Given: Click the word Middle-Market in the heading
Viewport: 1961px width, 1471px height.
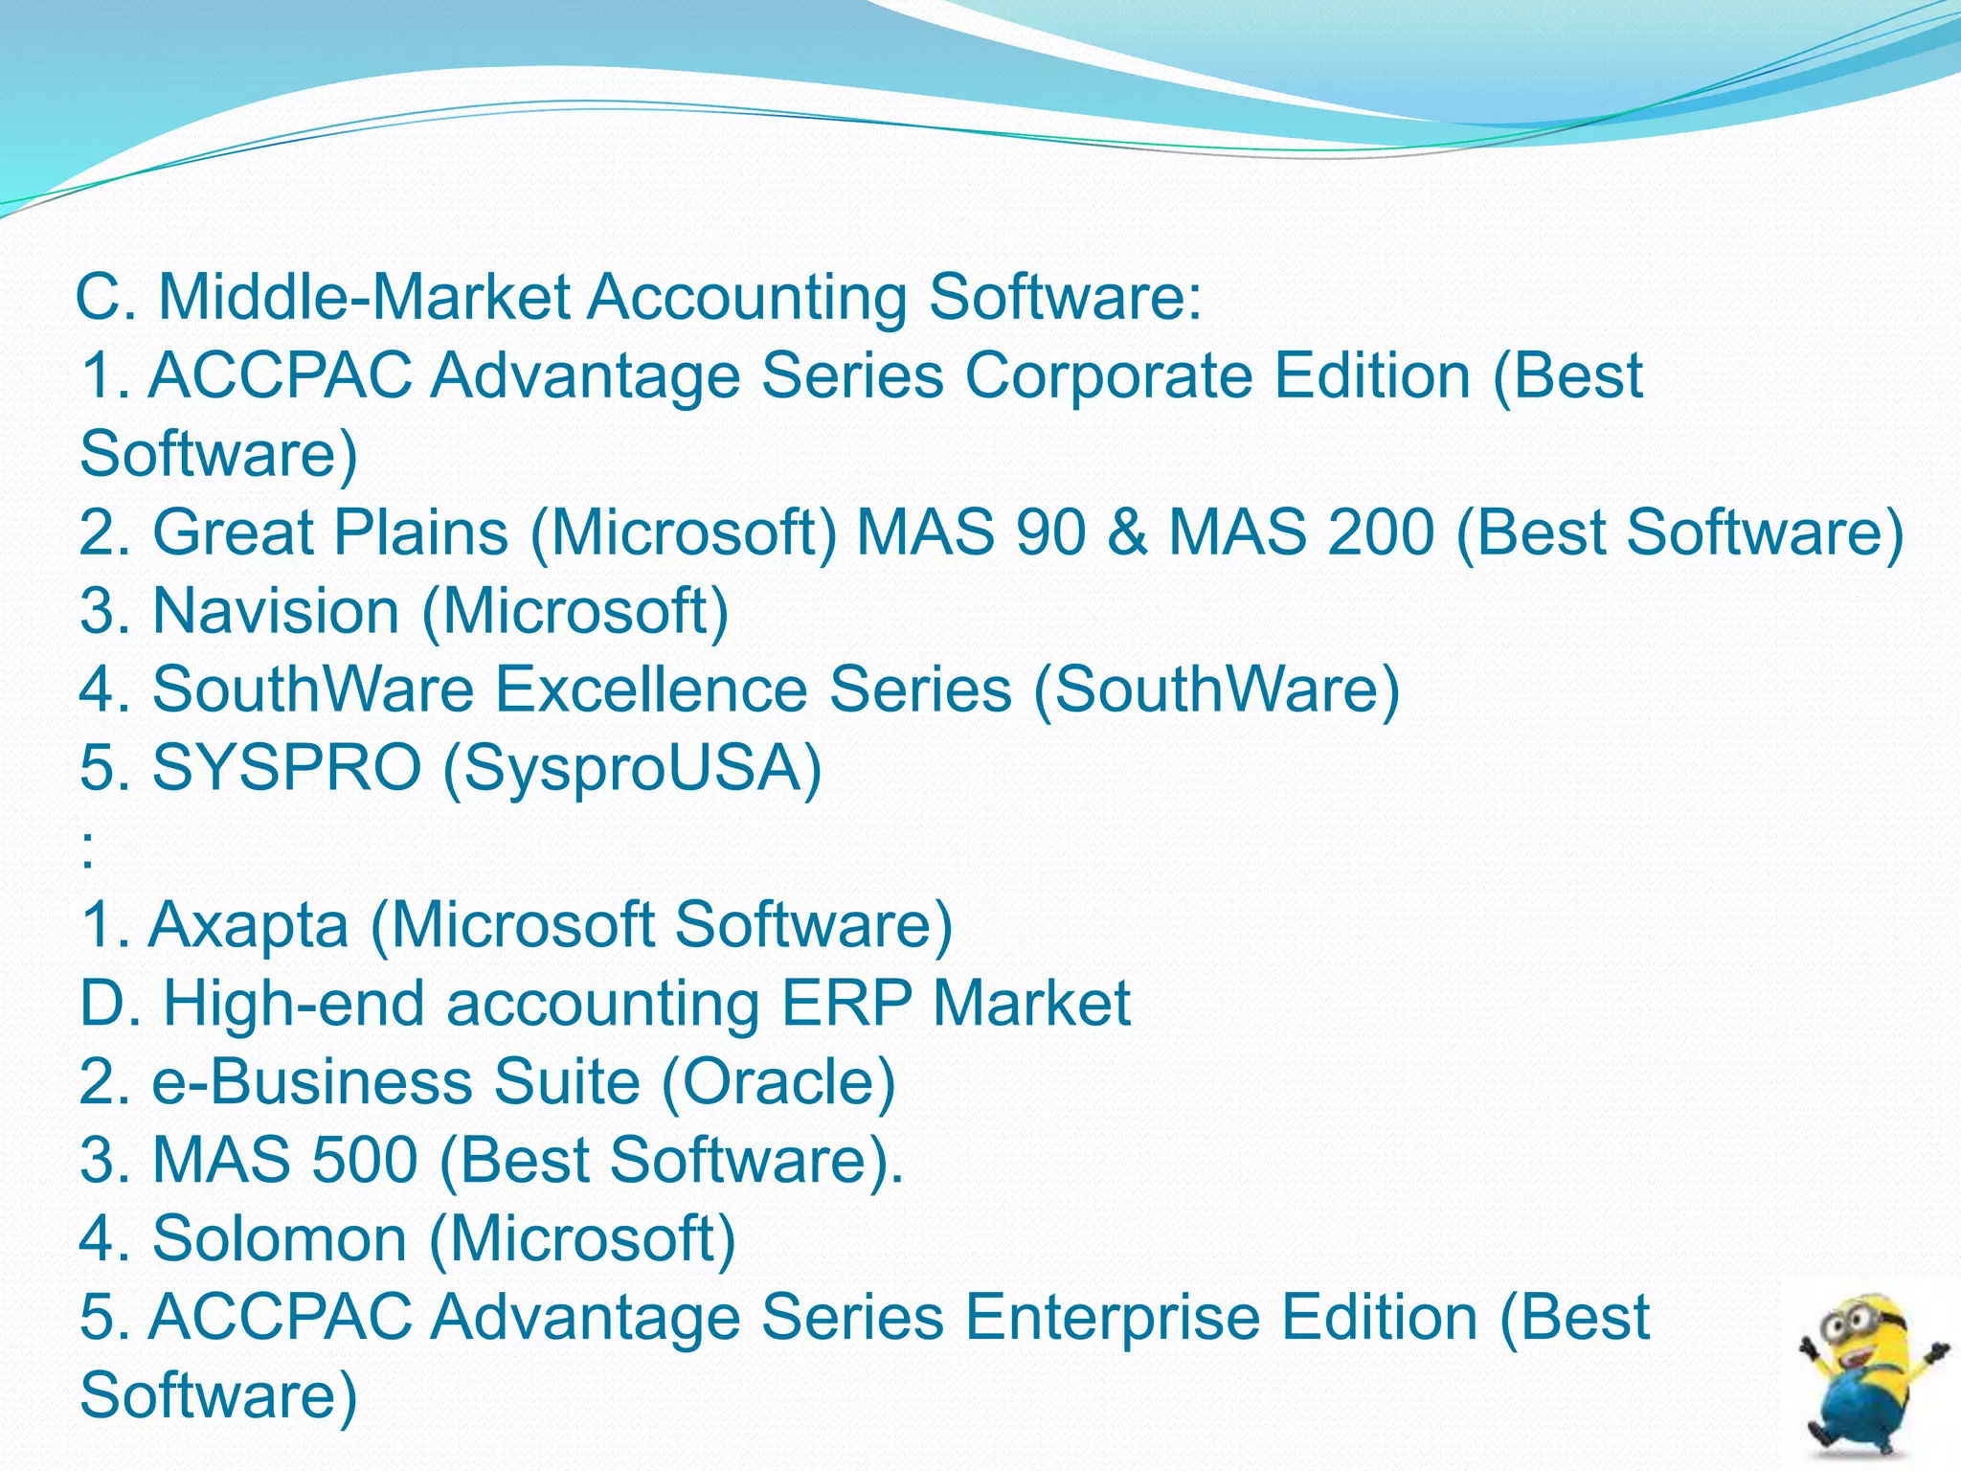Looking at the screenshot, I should click(x=364, y=297).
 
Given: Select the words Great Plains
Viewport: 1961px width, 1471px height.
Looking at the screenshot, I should click(x=330, y=532).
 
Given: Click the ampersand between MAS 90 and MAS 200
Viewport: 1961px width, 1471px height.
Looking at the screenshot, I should click(x=1129, y=532).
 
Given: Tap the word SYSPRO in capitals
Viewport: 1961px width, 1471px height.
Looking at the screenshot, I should click(x=287, y=768).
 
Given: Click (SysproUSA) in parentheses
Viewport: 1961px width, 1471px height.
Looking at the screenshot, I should click(x=632, y=770).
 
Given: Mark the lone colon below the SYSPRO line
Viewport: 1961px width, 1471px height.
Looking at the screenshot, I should click(x=88, y=849).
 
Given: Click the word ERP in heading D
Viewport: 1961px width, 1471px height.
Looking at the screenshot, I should click(x=846, y=1004).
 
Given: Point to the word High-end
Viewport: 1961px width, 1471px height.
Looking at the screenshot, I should click(x=294, y=1004).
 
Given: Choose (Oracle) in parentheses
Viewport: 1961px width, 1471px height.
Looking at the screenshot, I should click(x=778, y=1082).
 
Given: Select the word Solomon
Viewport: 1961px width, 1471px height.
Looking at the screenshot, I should click(x=280, y=1239).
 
